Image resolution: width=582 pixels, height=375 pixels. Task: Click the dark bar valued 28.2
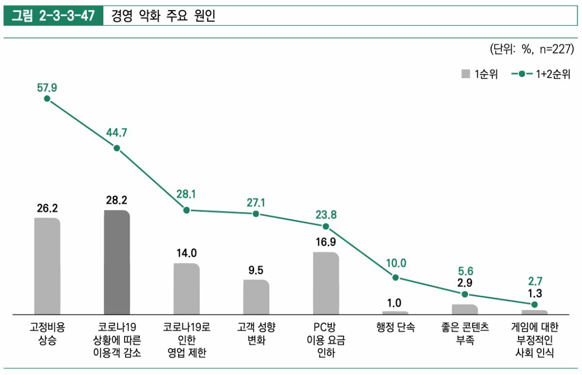[x=117, y=262]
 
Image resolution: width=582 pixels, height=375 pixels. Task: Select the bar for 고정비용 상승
[x=47, y=266]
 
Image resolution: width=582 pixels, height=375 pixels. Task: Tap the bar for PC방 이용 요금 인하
[x=326, y=283]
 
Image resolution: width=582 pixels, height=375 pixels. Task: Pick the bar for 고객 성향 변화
[x=256, y=296]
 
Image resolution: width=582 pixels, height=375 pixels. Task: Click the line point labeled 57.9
[x=47, y=98]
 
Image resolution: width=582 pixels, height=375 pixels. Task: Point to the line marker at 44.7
[x=117, y=148]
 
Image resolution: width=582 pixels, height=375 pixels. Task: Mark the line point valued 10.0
[x=396, y=277]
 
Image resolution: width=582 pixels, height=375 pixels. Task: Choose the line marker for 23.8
[x=326, y=227]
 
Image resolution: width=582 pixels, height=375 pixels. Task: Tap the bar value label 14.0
[x=187, y=253]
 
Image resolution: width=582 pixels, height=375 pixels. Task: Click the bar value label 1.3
[x=534, y=293]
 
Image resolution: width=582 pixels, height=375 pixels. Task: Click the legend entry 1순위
[x=480, y=74]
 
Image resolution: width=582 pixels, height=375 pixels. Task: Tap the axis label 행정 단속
[x=396, y=327]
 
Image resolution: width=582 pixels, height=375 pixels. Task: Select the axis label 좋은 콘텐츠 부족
[x=465, y=333]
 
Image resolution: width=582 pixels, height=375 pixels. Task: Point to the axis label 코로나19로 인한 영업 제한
[x=187, y=340]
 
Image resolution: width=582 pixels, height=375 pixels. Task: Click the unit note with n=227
[x=532, y=49]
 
